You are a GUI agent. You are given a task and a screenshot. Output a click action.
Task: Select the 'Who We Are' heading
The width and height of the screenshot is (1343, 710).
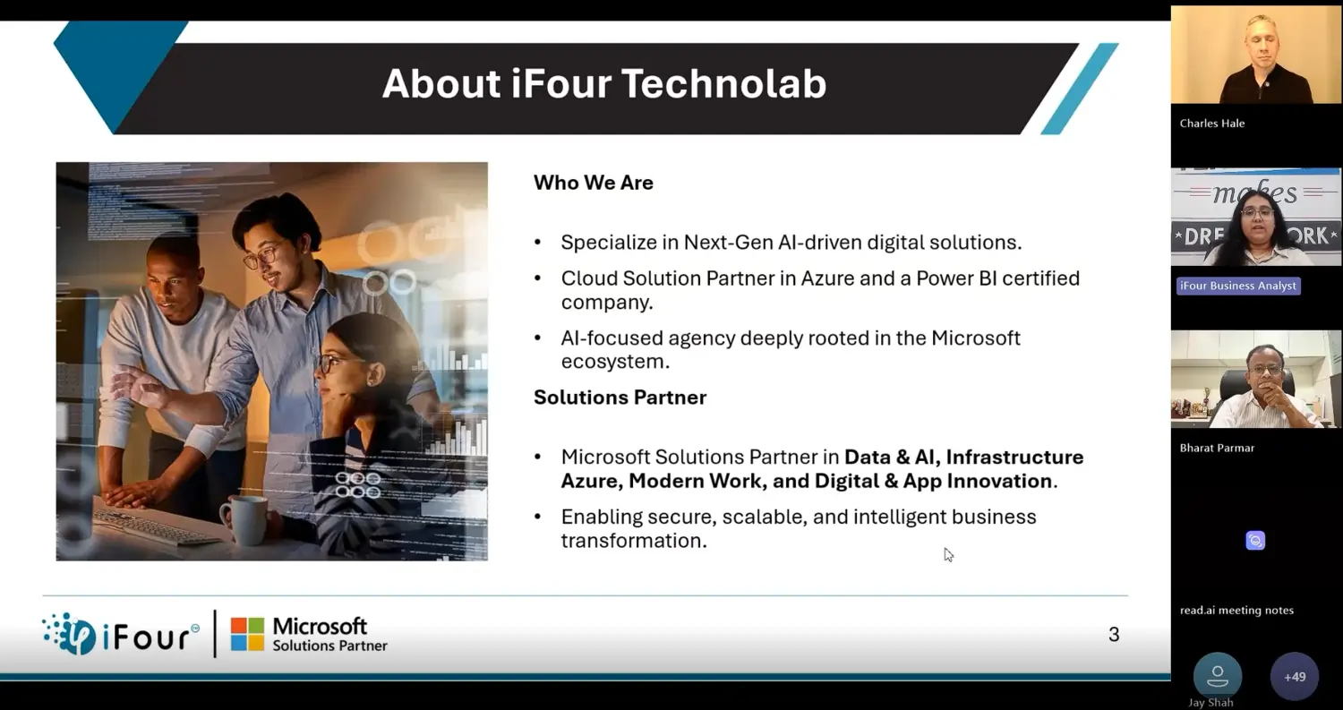(593, 183)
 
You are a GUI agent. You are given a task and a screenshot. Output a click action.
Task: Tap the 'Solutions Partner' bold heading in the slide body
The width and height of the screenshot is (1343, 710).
(620, 397)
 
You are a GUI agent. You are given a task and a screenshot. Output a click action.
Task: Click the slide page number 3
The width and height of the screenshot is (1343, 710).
(1114, 635)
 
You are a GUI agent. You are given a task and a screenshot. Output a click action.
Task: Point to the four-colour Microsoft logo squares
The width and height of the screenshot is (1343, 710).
(247, 635)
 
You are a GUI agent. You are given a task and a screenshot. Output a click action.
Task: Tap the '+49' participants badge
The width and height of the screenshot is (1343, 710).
(1295, 676)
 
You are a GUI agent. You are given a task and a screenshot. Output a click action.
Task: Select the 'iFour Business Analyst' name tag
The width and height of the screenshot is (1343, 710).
(1238, 286)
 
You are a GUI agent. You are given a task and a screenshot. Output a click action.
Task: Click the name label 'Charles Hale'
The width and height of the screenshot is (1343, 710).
(1211, 124)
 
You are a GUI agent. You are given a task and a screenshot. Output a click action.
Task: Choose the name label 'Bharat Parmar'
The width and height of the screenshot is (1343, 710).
(1217, 448)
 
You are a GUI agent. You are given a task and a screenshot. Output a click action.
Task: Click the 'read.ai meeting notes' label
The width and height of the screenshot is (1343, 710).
(1236, 611)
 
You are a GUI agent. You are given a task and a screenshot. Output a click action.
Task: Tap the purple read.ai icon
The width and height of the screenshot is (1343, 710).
(1255, 540)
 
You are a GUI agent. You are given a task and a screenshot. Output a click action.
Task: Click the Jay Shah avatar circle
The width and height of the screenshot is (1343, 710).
(1217, 676)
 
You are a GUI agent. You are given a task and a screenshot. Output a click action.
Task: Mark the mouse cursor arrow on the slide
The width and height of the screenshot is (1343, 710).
(948, 555)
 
